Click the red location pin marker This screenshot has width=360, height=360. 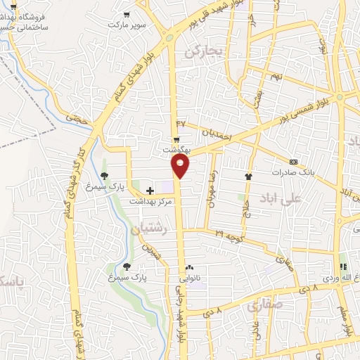click(181, 166)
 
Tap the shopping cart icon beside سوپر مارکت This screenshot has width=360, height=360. click(126, 13)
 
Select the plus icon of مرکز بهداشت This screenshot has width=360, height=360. click(149, 190)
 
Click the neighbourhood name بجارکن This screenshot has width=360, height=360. click(203, 51)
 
